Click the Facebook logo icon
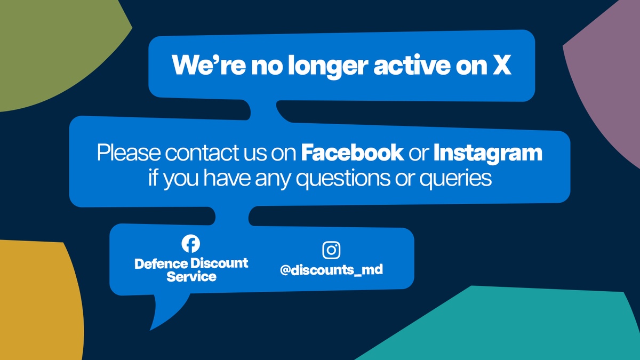click(x=191, y=244)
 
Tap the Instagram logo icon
click(x=331, y=250)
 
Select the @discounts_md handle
click(x=331, y=270)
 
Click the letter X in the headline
click(x=501, y=66)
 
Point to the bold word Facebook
click(x=352, y=153)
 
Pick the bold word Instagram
click(x=487, y=153)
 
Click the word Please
click(x=129, y=154)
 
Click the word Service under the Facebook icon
click(x=191, y=277)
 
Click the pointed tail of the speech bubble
click(x=160, y=317)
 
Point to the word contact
click(x=197, y=154)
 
